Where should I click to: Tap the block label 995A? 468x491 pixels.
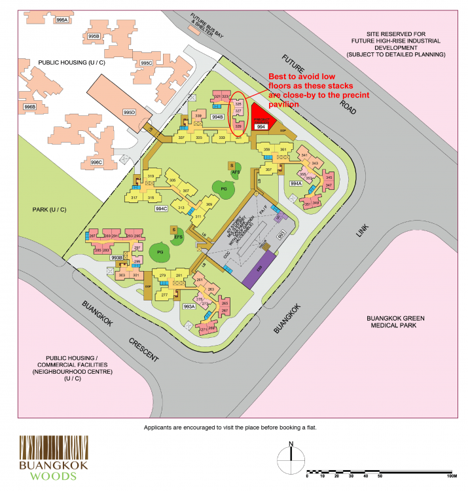(x=63, y=21)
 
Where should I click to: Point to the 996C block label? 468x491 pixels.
(x=96, y=162)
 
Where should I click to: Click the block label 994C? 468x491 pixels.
(x=161, y=209)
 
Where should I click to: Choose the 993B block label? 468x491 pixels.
(x=117, y=258)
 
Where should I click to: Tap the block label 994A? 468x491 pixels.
(x=295, y=184)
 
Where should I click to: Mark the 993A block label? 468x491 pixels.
(x=190, y=306)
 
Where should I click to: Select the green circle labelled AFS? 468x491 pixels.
(x=236, y=172)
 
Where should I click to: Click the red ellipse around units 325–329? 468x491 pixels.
(x=238, y=113)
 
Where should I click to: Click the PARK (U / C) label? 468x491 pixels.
(x=49, y=209)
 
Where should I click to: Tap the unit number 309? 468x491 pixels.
(x=209, y=205)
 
